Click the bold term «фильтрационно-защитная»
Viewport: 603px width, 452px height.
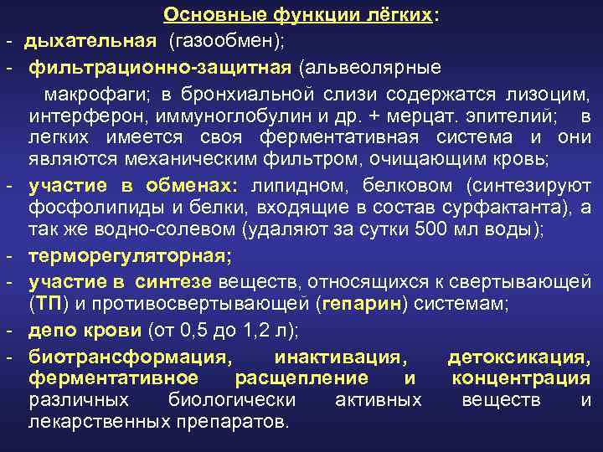click(160, 64)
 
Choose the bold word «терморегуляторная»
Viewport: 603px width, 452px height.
click(129, 256)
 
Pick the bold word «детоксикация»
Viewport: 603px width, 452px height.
click(518, 357)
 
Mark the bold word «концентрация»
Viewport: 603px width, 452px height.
click(520, 378)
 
